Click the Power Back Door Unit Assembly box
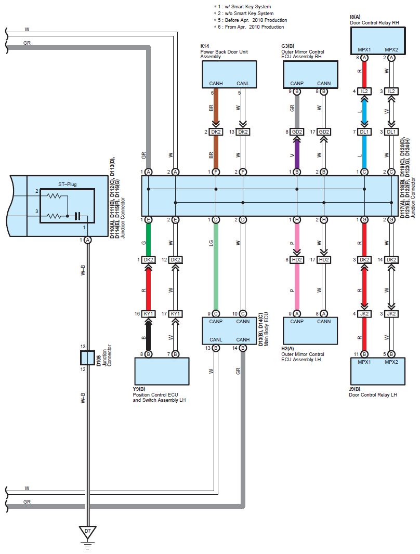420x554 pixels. [x=229, y=74]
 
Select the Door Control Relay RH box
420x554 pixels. [x=377, y=39]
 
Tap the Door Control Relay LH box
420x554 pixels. [x=377, y=373]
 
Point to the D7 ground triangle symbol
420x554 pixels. [x=88, y=533]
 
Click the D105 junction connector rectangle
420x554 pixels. [x=88, y=358]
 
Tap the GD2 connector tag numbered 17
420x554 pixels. [x=324, y=132]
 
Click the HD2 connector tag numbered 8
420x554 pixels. [x=297, y=259]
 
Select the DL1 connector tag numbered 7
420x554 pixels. [x=364, y=132]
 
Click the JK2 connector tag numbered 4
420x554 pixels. [x=364, y=314]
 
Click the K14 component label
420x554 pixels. [x=205, y=46]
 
